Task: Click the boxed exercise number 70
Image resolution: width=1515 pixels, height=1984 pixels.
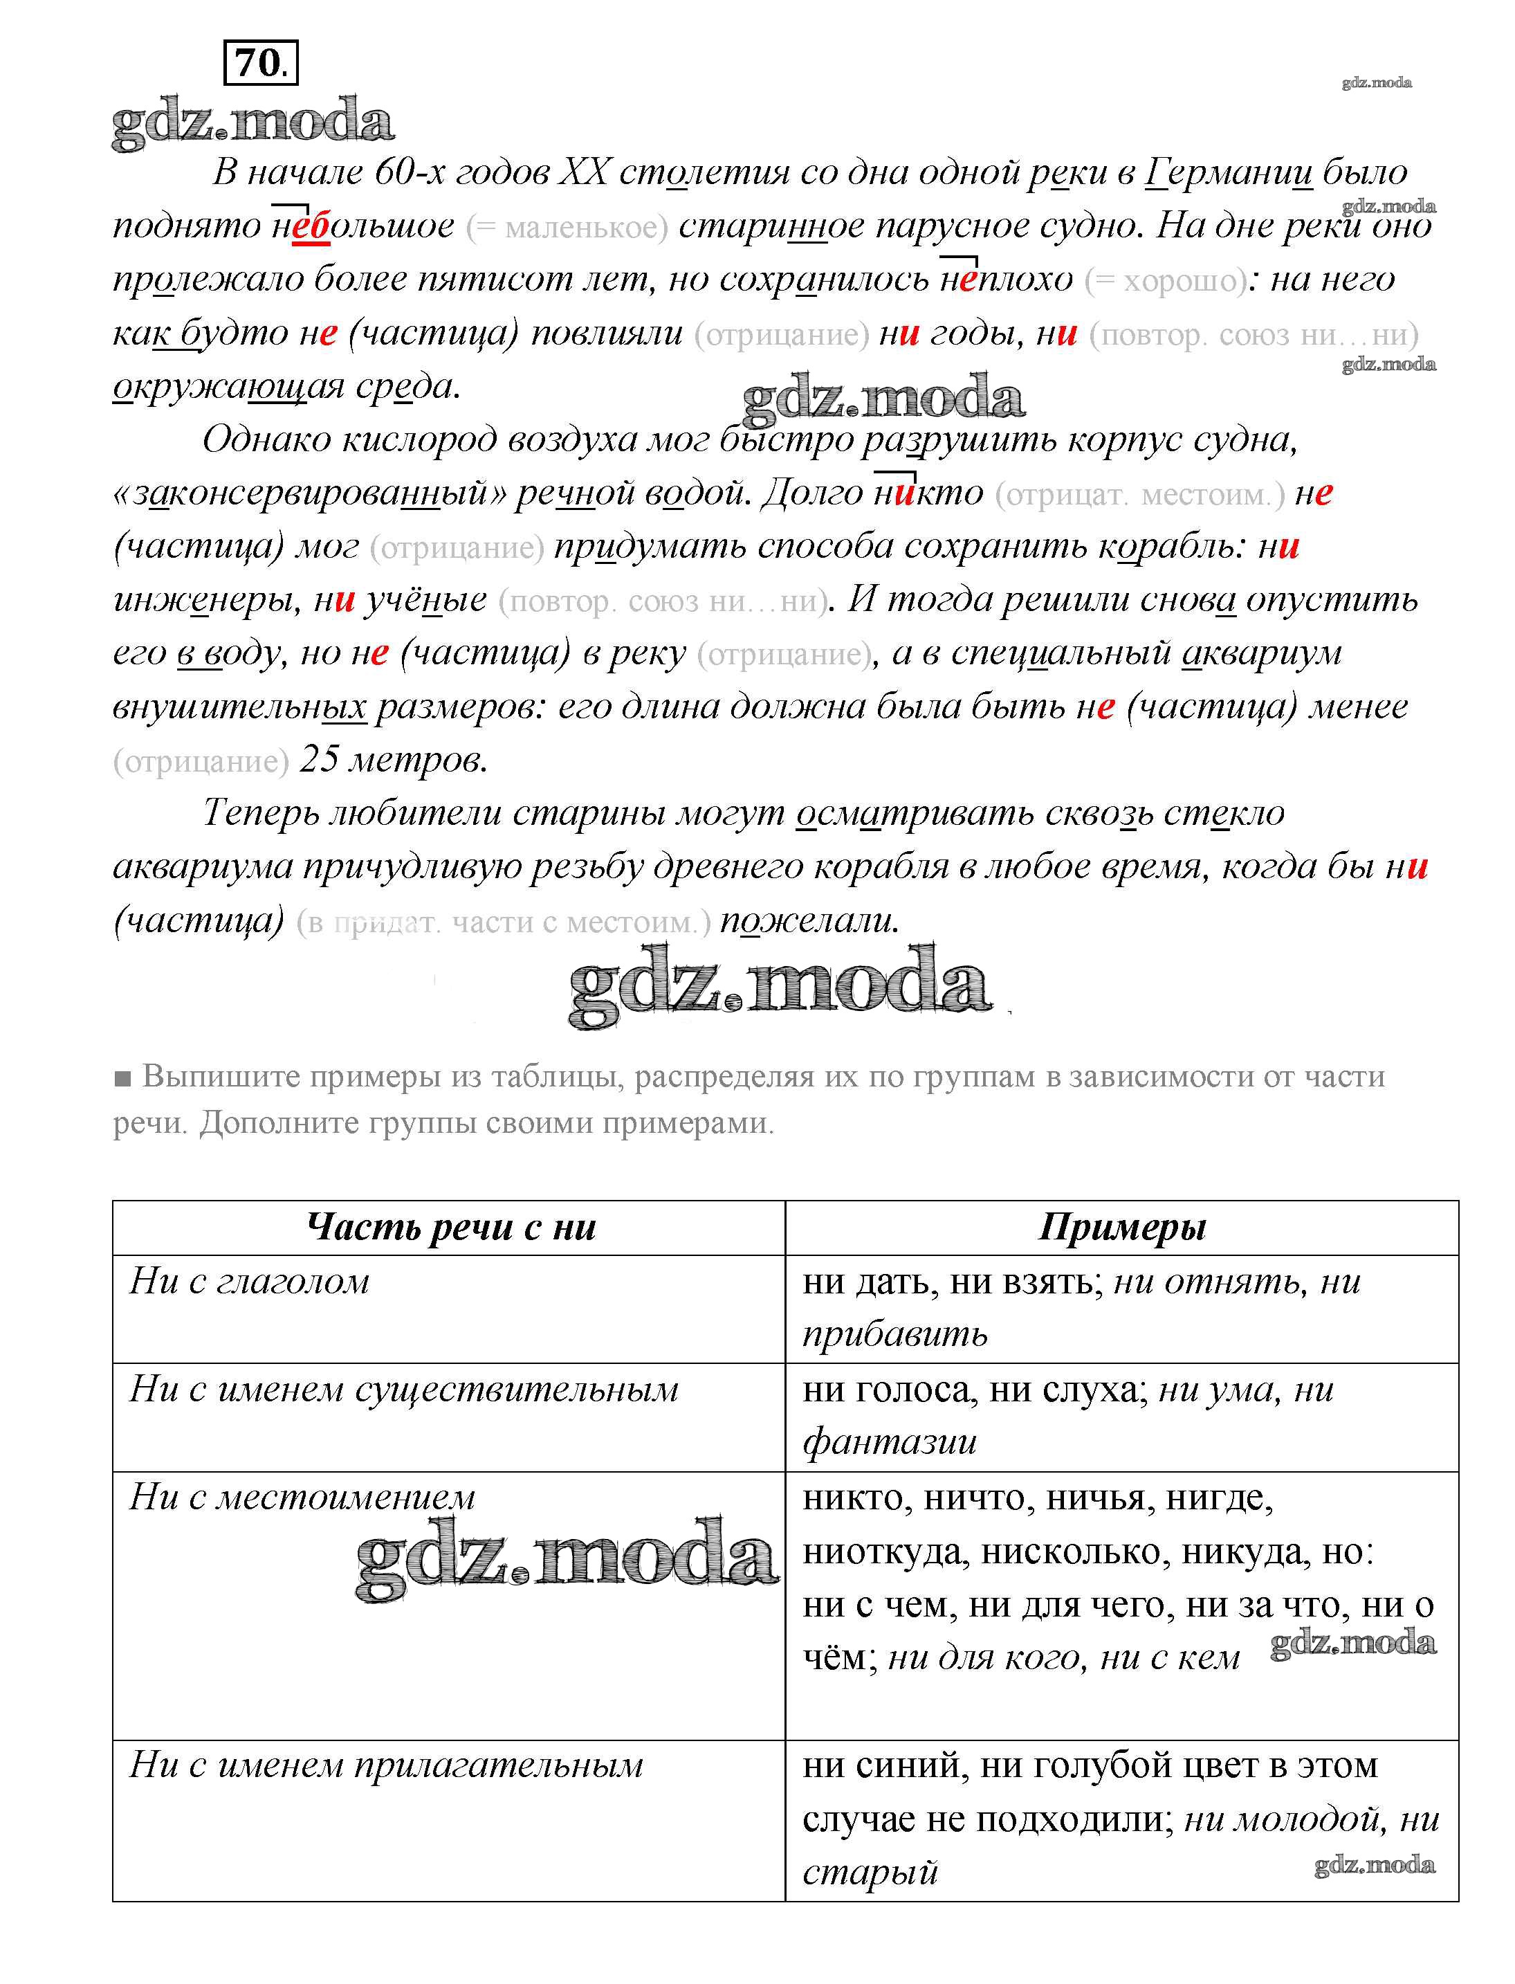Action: coord(261,63)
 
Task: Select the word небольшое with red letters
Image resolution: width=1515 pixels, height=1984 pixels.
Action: coord(363,226)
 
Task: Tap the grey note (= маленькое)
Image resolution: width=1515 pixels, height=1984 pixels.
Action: coord(567,228)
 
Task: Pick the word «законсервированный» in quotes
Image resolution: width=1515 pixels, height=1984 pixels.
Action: coord(309,493)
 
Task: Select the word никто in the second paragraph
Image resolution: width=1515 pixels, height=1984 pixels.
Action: coord(928,493)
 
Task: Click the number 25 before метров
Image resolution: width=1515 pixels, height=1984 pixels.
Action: coord(318,760)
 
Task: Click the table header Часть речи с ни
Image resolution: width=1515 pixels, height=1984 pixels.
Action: coord(451,1228)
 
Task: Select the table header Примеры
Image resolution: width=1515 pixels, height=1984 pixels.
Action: coord(1122,1228)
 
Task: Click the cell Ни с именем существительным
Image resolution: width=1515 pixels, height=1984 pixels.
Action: coord(404,1390)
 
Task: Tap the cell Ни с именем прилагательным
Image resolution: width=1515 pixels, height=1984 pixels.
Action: coord(386,1765)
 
